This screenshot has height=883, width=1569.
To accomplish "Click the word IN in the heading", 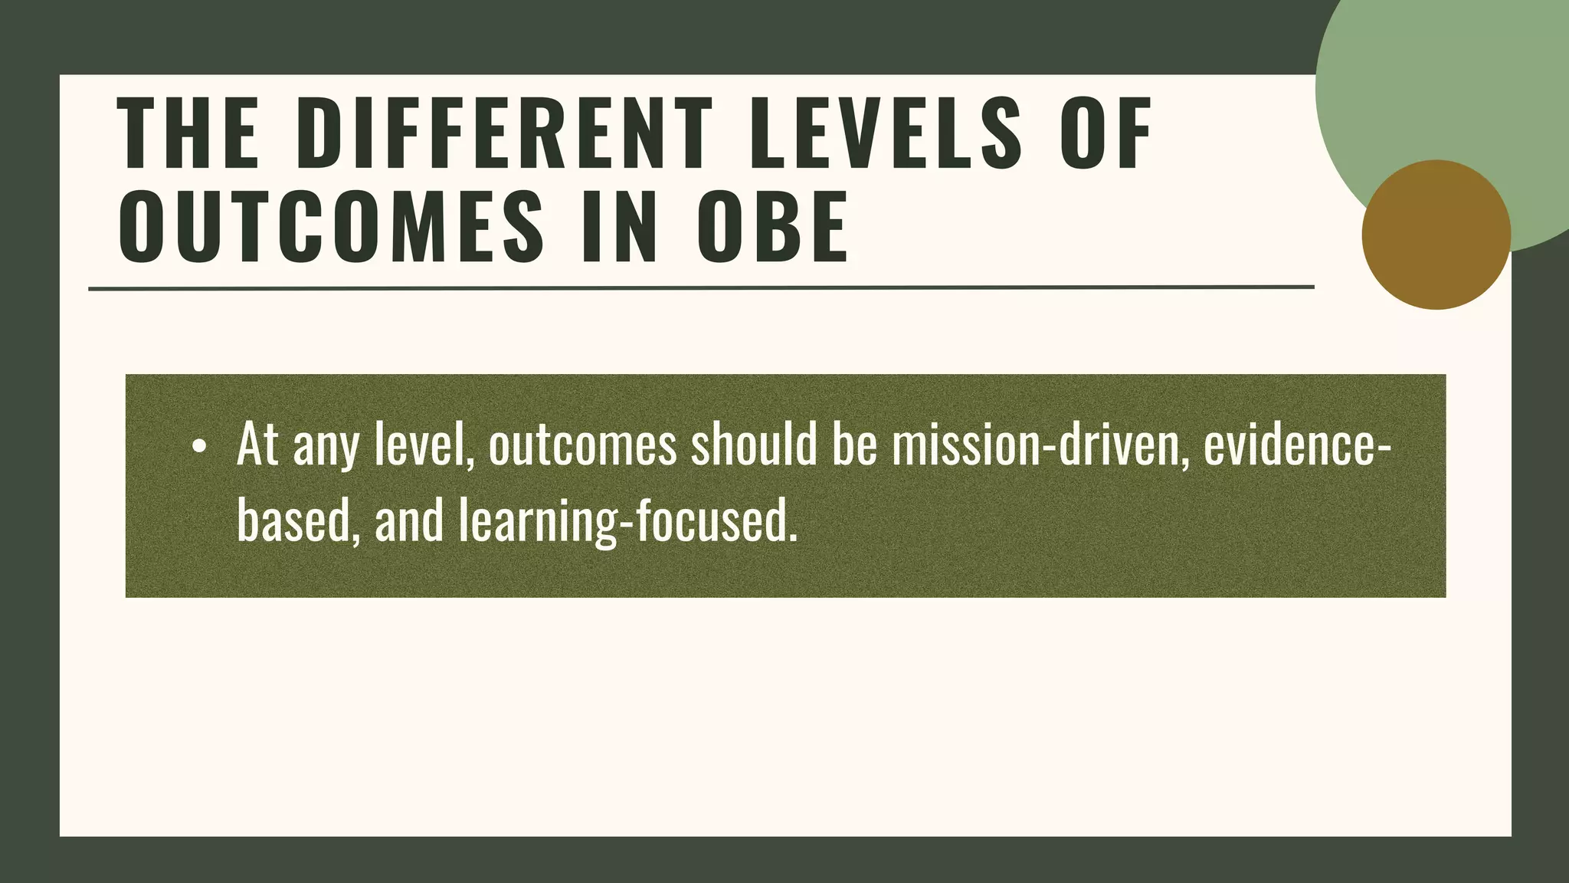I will point(619,228).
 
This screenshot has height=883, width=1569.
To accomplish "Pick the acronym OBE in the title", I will point(772,228).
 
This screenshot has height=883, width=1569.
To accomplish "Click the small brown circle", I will point(1436,235).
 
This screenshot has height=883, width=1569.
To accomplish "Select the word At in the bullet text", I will point(257,445).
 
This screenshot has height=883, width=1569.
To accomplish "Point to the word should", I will point(754,445).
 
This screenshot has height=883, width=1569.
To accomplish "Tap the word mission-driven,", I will point(1039,445).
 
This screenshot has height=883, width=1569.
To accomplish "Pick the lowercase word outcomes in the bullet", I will point(582,446).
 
